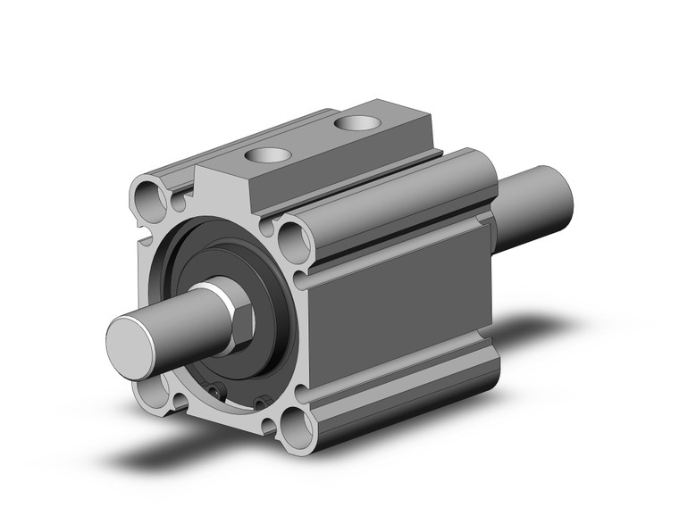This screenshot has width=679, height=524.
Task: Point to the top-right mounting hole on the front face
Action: coord(293,240)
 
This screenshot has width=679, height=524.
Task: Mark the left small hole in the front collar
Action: coord(214,388)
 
